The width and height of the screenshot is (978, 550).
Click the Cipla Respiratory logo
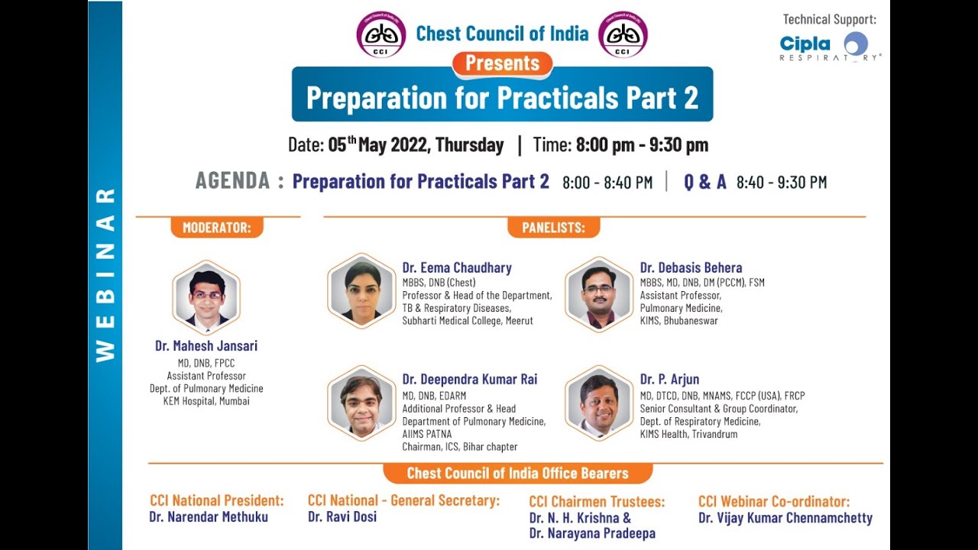click(830, 46)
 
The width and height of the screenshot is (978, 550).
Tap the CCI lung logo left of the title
click(381, 34)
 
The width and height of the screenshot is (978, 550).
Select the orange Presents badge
click(502, 63)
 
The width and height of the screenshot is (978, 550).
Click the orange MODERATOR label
click(216, 227)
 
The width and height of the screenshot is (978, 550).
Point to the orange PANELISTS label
click(553, 227)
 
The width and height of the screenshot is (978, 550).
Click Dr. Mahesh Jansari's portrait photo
click(206, 298)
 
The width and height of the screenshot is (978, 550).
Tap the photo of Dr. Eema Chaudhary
click(361, 291)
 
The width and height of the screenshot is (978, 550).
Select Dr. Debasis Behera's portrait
click(599, 293)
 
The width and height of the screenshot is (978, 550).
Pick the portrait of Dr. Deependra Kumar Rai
click(361, 403)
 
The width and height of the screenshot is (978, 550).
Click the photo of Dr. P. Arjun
click(599, 403)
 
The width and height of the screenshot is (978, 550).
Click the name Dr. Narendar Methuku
click(209, 517)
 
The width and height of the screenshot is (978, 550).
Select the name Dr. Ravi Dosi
click(342, 517)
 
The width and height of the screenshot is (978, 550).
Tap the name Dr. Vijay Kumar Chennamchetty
click(785, 518)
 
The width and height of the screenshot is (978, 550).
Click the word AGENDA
click(232, 181)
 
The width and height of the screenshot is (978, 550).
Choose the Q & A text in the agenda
click(704, 182)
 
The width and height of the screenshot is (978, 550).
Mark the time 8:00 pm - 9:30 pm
click(642, 145)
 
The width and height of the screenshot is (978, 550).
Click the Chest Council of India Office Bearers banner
click(517, 473)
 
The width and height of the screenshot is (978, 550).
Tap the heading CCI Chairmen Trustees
click(597, 502)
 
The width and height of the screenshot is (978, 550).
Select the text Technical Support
click(830, 19)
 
